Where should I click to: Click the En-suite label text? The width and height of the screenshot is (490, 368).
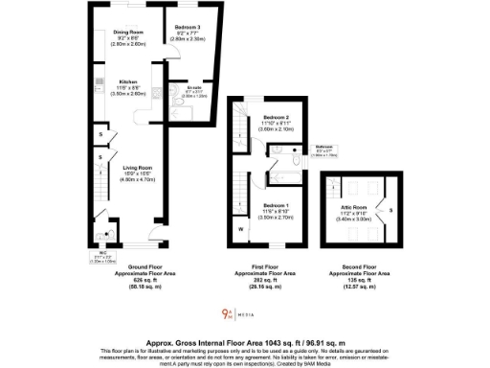point(193,89)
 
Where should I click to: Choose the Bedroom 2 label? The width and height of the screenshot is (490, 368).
point(276,118)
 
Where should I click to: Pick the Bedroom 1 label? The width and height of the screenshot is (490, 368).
point(276,205)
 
